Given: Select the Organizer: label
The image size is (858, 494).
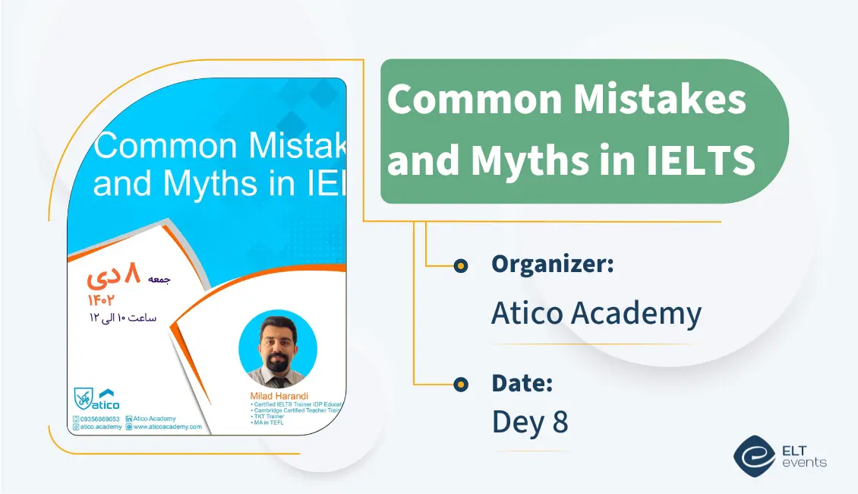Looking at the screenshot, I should pyautogui.click(x=552, y=264).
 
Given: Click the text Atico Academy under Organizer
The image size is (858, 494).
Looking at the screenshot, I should pyautogui.click(x=596, y=313).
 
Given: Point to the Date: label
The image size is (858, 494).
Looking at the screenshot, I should pyautogui.click(x=522, y=384).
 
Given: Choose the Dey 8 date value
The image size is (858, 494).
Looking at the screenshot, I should pyautogui.click(x=530, y=423).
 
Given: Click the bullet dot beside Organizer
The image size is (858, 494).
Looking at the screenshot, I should pyautogui.click(x=460, y=266).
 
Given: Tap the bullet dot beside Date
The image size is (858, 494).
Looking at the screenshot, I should pyautogui.click(x=460, y=385).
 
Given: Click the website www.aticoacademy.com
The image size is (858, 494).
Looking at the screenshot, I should pyautogui.click(x=167, y=427).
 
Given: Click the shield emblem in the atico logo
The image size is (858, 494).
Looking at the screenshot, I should pyautogui.click(x=82, y=397).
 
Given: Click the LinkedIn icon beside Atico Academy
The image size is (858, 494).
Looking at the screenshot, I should pyautogui.click(x=129, y=419).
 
